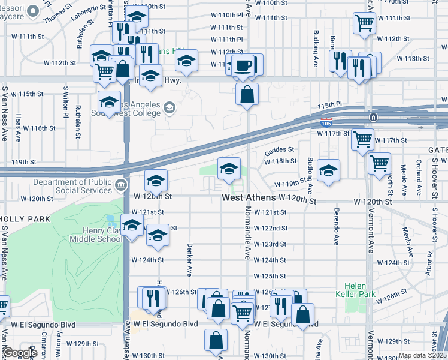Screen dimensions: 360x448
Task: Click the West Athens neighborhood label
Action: coord(249,197)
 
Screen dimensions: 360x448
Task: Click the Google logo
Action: coord(19,353)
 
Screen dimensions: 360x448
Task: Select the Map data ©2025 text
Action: coord(422,356)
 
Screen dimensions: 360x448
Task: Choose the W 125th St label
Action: coord(270,276)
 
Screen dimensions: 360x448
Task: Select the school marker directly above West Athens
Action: coord(228,170)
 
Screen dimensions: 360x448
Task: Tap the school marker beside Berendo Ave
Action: coord(328,171)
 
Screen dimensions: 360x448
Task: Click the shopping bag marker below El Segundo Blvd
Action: coord(216,340)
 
